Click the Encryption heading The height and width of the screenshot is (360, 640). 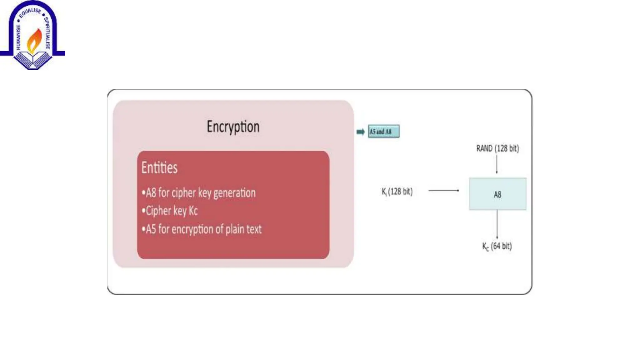coord(233,127)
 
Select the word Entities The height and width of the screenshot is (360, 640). coord(159,167)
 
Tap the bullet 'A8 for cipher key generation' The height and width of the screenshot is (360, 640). coord(199,193)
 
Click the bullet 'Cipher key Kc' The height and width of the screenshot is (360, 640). coord(170,211)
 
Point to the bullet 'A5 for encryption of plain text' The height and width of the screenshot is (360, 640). coord(202,229)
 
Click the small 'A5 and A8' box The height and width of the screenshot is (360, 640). coord(383,132)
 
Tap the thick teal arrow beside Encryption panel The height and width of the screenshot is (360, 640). coord(361,132)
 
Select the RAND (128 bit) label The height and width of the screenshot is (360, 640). coord(497,148)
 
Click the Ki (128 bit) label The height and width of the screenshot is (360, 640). coord(397,191)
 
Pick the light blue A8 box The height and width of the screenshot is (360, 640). coord(497,194)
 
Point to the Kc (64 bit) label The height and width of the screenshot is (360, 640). coord(497,246)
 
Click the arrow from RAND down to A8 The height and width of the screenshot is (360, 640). coord(497,164)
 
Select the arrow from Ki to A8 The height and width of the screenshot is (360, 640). coord(444,190)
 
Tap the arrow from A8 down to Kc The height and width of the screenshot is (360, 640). coord(497,224)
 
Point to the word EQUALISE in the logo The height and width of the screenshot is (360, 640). coord(30,12)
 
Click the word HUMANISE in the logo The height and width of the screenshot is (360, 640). coord(18,37)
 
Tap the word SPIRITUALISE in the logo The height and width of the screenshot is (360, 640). coord(47,33)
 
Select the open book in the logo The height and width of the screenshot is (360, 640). coord(33,59)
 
